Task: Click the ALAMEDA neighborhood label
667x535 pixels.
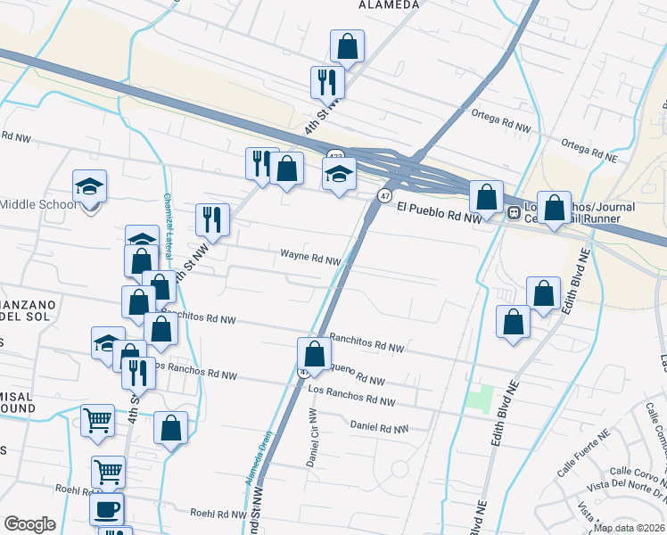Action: click(x=388, y=4)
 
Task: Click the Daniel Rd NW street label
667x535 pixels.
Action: click(x=379, y=427)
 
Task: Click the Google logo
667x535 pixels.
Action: click(x=29, y=524)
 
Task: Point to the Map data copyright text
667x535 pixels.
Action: click(x=630, y=528)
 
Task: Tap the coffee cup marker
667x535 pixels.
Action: click(x=107, y=509)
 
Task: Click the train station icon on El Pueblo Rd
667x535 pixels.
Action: click(x=514, y=213)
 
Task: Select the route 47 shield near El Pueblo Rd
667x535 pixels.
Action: click(x=384, y=194)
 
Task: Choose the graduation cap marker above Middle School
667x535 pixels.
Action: click(x=89, y=185)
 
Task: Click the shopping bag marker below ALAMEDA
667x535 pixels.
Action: click(x=347, y=46)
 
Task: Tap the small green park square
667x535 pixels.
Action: click(x=481, y=397)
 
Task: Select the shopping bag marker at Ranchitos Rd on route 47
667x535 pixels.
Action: click(x=313, y=353)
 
